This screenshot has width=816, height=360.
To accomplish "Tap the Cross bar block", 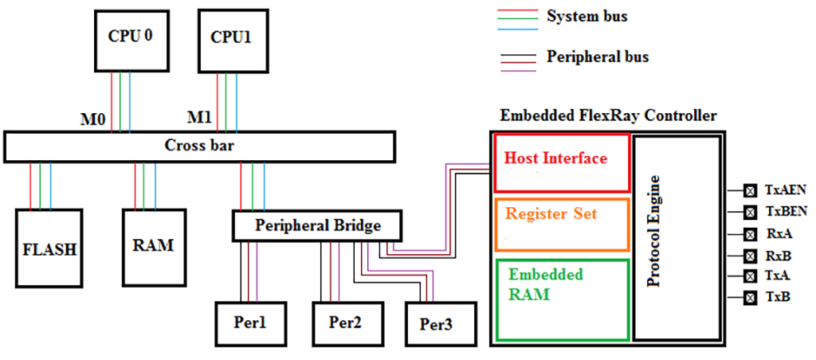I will pyautogui.click(x=199, y=146).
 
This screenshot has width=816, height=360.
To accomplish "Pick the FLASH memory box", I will pyautogui.click(x=49, y=248).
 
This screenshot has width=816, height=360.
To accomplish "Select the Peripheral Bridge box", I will pyautogui.click(x=317, y=225).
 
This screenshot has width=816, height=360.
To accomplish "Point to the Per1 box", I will pyautogui.click(x=249, y=324).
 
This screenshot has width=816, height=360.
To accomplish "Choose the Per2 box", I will pyautogui.click(x=345, y=324).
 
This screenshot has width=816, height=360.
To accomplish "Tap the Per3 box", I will pyautogui.click(x=438, y=327).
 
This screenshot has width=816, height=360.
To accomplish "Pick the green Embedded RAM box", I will pyautogui.click(x=562, y=298).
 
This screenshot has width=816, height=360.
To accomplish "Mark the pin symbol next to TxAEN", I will pyautogui.click(x=750, y=190).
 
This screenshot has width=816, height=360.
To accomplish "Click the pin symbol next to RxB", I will pyautogui.click(x=750, y=256).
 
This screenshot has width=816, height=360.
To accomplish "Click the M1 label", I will pyautogui.click(x=199, y=118).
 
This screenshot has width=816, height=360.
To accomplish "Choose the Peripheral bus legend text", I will pyautogui.click(x=598, y=57).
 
